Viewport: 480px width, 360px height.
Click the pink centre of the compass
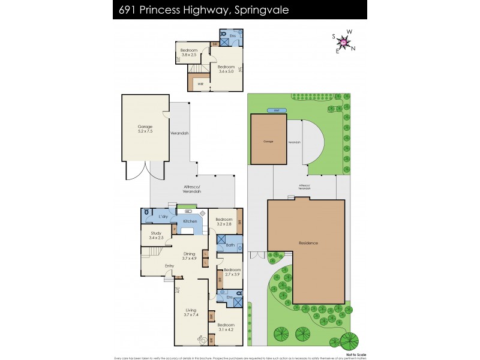[x=344, y=41]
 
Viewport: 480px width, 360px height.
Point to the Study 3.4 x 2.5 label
[x=157, y=235]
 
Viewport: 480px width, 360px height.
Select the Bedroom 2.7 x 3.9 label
[x=232, y=272]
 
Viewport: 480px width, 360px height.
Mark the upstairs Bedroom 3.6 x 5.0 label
[x=226, y=69]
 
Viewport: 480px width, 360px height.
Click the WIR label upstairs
[x=201, y=84]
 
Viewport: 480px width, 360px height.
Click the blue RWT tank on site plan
[x=277, y=110]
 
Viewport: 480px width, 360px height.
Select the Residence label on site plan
[x=308, y=243]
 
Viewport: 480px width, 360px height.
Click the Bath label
[x=230, y=245]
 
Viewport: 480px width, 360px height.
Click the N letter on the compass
[x=354, y=48]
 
